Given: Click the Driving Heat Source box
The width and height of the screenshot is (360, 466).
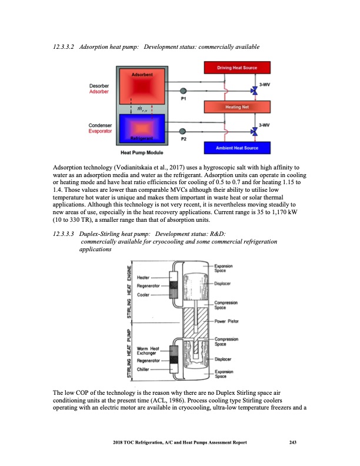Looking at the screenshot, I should [237, 68].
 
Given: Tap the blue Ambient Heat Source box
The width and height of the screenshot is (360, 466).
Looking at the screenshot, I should [237, 147].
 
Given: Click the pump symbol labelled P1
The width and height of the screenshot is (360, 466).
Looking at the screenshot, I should [183, 91].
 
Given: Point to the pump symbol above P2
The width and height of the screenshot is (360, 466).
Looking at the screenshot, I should [183, 131].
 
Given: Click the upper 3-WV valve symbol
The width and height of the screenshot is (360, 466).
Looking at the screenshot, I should [255, 91].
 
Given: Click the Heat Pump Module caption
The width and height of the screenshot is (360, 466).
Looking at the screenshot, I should [138, 152].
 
